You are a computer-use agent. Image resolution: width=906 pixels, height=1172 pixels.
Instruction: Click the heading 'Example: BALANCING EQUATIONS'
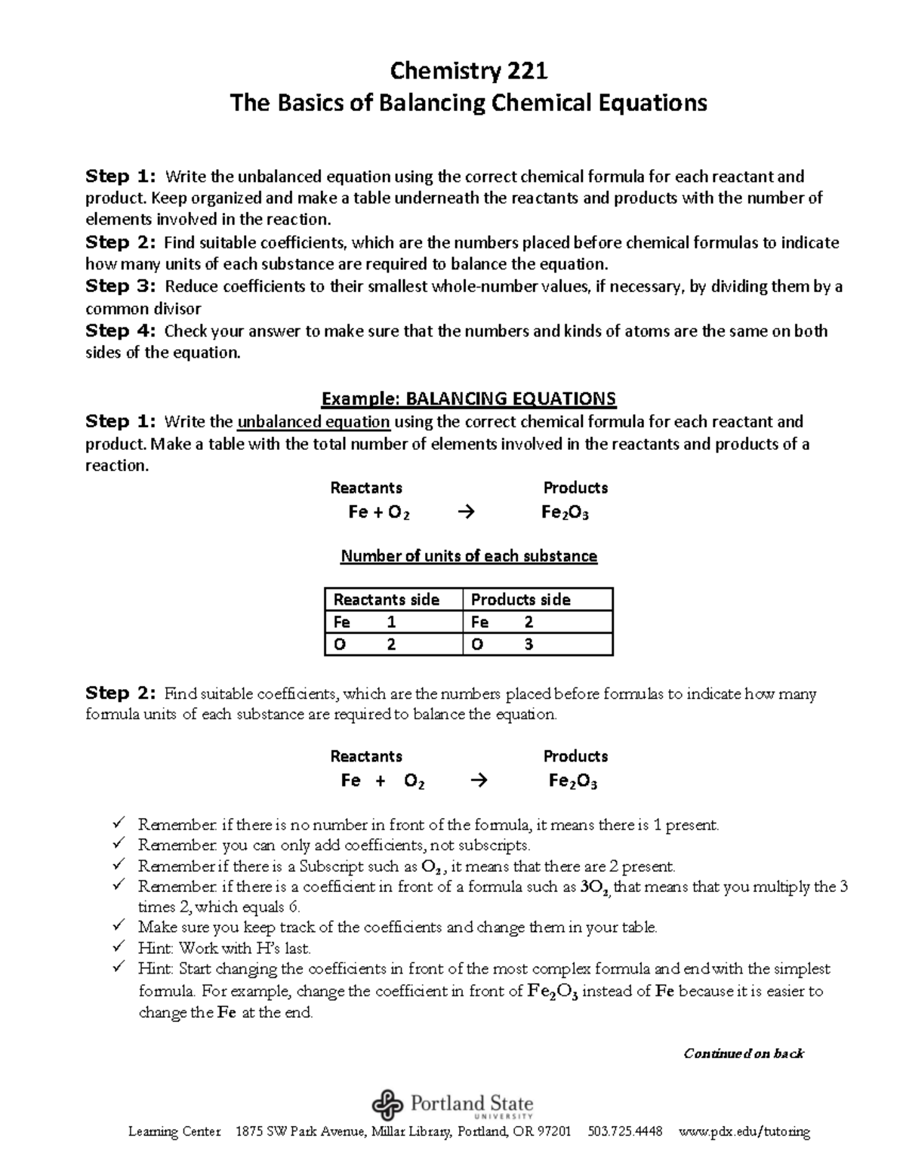[x=468, y=398]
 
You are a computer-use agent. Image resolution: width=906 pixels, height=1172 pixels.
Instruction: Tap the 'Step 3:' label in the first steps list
[x=120, y=286]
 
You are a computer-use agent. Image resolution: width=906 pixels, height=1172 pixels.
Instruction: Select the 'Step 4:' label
[x=120, y=331]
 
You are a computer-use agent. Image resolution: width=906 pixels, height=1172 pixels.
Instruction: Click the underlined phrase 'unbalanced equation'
[x=313, y=421]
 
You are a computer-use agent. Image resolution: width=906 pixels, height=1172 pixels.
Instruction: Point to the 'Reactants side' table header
[x=387, y=599]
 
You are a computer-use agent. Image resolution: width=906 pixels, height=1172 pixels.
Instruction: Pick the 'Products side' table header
[x=521, y=599]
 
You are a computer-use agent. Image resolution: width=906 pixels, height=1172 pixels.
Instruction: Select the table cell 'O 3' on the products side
[x=537, y=644]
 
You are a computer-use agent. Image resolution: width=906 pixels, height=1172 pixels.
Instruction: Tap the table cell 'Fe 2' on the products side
[x=537, y=622]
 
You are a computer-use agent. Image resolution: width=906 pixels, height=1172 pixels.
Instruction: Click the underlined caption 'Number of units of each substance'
[x=469, y=556]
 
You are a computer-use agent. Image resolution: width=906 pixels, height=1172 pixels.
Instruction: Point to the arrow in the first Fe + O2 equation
[x=467, y=512]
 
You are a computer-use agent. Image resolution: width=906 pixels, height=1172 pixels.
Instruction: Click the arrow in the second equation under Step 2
[x=479, y=781]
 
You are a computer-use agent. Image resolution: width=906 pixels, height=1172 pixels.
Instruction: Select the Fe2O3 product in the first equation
[x=565, y=513]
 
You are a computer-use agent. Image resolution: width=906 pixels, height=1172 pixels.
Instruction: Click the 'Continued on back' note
[x=744, y=1053]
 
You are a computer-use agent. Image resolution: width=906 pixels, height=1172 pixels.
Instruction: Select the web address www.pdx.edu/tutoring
[x=744, y=1131]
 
